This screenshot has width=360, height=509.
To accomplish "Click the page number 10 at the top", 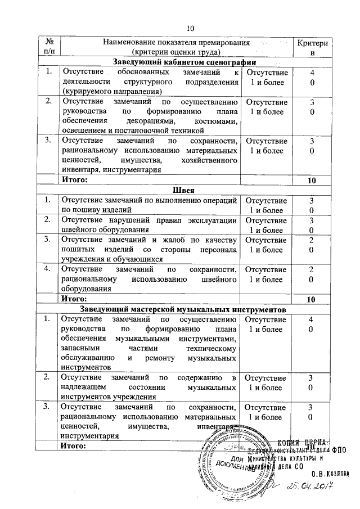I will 189,28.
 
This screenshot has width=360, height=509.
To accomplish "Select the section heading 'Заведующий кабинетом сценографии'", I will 184,62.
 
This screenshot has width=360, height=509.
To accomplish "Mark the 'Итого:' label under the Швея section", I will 75,299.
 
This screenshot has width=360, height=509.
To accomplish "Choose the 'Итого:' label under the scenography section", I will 75,180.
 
